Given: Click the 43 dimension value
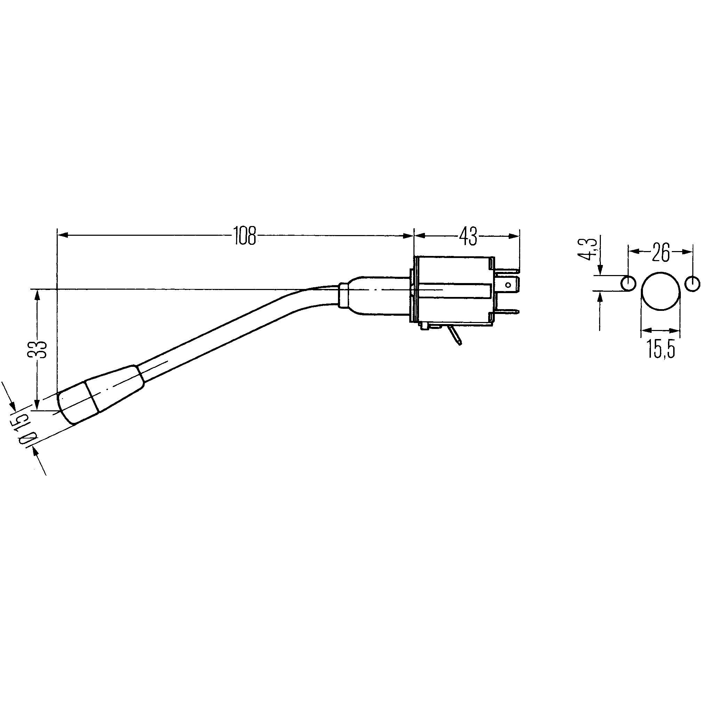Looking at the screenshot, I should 468,236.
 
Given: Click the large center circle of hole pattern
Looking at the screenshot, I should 660,291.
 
